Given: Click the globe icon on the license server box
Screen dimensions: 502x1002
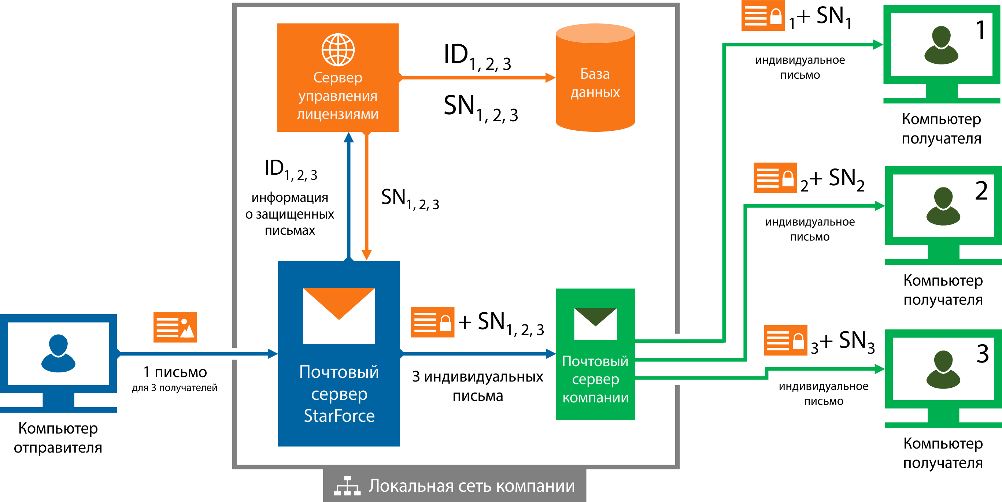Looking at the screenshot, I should tap(338, 50).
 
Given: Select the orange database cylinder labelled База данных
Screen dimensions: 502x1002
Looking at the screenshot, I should tap(595, 78).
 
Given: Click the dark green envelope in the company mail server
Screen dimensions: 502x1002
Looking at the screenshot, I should tap(595, 317).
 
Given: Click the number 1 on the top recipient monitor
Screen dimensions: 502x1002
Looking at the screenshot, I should tap(981, 30).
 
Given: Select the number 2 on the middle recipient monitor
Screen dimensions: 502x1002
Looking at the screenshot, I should tap(981, 191).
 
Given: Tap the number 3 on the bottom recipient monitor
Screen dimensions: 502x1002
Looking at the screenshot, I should tap(983, 354).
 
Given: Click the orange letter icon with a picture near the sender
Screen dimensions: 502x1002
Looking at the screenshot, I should tap(175, 327).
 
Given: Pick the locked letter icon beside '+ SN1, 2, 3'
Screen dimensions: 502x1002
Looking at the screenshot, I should tap(433, 322).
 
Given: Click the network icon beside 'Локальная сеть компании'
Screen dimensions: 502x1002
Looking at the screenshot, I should tap(347, 486).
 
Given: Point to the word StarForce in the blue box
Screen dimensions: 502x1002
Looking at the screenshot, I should tap(339, 416).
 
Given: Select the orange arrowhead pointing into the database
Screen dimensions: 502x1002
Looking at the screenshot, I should tap(550, 78).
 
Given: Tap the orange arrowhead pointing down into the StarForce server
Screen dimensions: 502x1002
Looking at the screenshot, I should tap(366, 255).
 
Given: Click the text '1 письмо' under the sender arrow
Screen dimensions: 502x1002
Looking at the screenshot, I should tap(175, 372).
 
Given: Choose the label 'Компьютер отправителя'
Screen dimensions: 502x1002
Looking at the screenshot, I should tap(58, 438).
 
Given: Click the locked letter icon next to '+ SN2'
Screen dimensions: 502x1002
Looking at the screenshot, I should tap(775, 178).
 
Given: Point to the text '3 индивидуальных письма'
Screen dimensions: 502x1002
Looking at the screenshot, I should tap(478, 386).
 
